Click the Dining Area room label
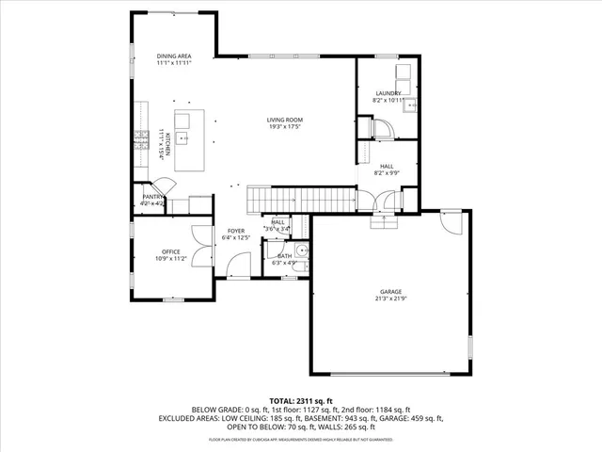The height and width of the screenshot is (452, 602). (x=174, y=56)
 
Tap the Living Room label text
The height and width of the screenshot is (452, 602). (x=284, y=120)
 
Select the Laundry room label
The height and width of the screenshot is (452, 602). (x=388, y=92)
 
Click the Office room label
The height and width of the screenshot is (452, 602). (x=170, y=251)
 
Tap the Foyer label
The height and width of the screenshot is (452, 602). (x=235, y=231)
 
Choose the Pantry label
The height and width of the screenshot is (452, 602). (x=152, y=197)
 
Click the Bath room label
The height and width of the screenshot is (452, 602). (x=277, y=256)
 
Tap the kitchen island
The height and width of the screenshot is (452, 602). (x=188, y=139)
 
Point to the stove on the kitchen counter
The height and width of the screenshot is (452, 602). (x=142, y=139)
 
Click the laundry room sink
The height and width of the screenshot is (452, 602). (x=411, y=105)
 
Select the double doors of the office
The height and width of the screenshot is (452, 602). (x=199, y=239)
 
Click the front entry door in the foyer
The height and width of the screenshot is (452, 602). (x=237, y=269)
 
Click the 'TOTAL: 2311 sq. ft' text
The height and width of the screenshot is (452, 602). (x=300, y=400)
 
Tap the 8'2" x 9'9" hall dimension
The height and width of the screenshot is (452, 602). (x=388, y=172)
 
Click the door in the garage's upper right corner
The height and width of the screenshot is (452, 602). (x=452, y=223)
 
